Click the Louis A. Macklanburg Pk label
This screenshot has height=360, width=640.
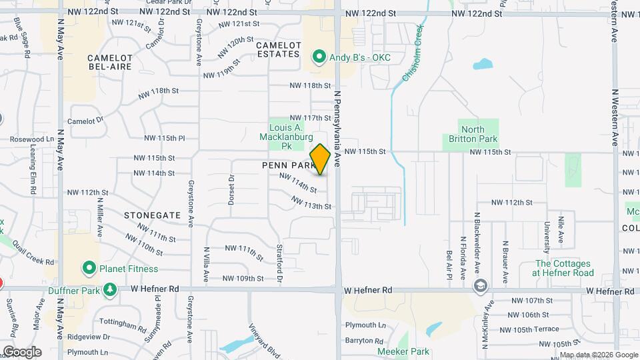(x=286, y=136)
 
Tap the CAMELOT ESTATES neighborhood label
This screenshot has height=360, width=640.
(x=279, y=49)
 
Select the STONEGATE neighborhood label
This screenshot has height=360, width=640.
(x=152, y=215)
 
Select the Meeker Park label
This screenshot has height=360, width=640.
(x=401, y=351)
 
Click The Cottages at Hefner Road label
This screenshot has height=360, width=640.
(x=563, y=268)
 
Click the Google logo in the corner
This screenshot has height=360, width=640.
(x=22, y=351)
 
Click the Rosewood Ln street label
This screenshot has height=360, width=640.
(x=32, y=139)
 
